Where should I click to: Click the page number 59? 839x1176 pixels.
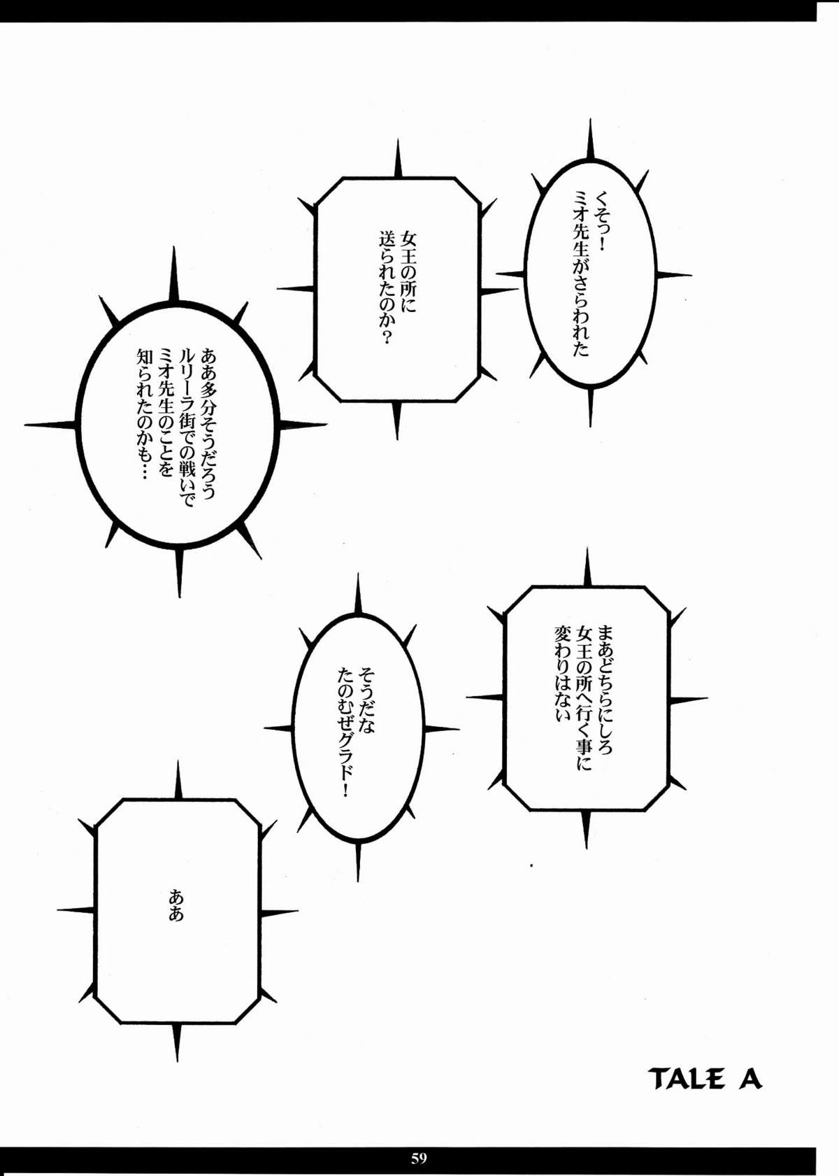click(419, 1158)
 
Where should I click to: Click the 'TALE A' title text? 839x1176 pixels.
click(705, 1079)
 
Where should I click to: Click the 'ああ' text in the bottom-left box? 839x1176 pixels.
click(176, 905)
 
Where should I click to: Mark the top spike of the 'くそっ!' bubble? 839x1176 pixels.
click(591, 140)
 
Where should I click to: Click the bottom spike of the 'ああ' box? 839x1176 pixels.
click(177, 1042)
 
